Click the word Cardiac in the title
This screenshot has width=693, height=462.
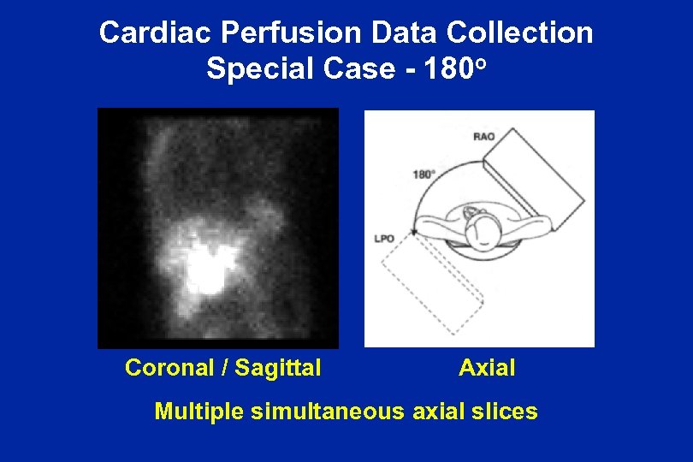click(x=145, y=33)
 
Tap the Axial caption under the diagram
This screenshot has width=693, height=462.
click(x=487, y=368)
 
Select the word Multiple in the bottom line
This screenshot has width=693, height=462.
click(x=199, y=412)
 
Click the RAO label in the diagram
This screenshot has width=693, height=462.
click(x=483, y=136)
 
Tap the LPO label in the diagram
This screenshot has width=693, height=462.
click(x=384, y=239)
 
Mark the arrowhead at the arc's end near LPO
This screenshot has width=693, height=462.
click(x=413, y=231)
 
